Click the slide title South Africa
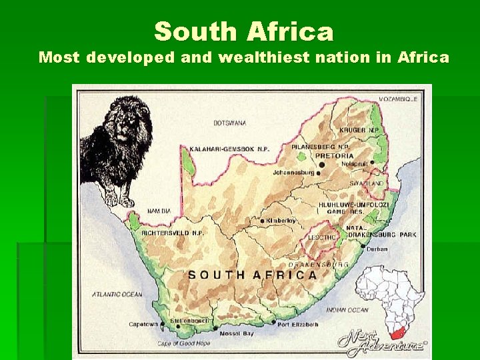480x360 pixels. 243,31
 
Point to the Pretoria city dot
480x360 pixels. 321,164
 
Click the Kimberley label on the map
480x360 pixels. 280,221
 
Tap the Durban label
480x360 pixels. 377,249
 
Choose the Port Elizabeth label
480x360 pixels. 298,325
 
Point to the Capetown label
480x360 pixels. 143,325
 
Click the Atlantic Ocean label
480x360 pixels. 117,294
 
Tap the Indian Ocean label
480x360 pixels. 347,310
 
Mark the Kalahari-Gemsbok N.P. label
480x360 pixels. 229,149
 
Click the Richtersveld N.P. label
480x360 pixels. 173,233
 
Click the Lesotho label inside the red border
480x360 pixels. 321,237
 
